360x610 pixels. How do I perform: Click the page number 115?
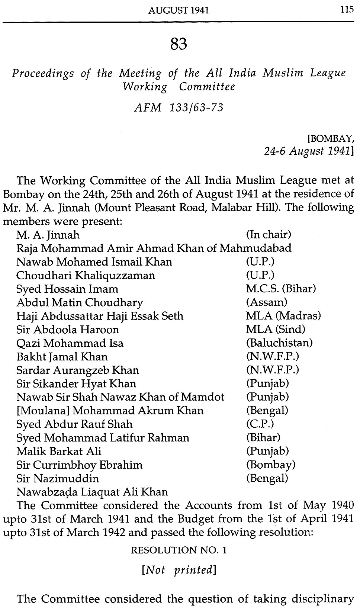(346, 10)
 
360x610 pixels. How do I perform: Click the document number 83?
(179, 44)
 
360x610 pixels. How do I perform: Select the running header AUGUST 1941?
(178, 11)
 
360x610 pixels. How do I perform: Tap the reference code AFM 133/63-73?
(178, 107)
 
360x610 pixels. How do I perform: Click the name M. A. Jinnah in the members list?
(48, 235)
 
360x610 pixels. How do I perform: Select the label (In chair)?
(269, 235)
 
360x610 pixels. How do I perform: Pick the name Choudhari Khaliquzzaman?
(86, 276)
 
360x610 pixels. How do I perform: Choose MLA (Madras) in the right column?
(283, 316)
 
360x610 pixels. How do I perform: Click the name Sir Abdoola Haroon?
(68, 330)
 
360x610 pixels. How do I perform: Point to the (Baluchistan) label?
(279, 343)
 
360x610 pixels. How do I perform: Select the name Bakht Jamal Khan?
(62, 357)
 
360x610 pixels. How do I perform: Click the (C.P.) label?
(260, 424)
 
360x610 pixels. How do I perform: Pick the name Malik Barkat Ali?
(59, 451)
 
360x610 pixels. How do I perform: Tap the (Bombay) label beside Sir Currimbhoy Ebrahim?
(271, 465)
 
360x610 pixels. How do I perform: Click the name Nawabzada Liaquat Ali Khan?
(92, 492)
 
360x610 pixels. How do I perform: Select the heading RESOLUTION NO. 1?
(179, 550)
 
